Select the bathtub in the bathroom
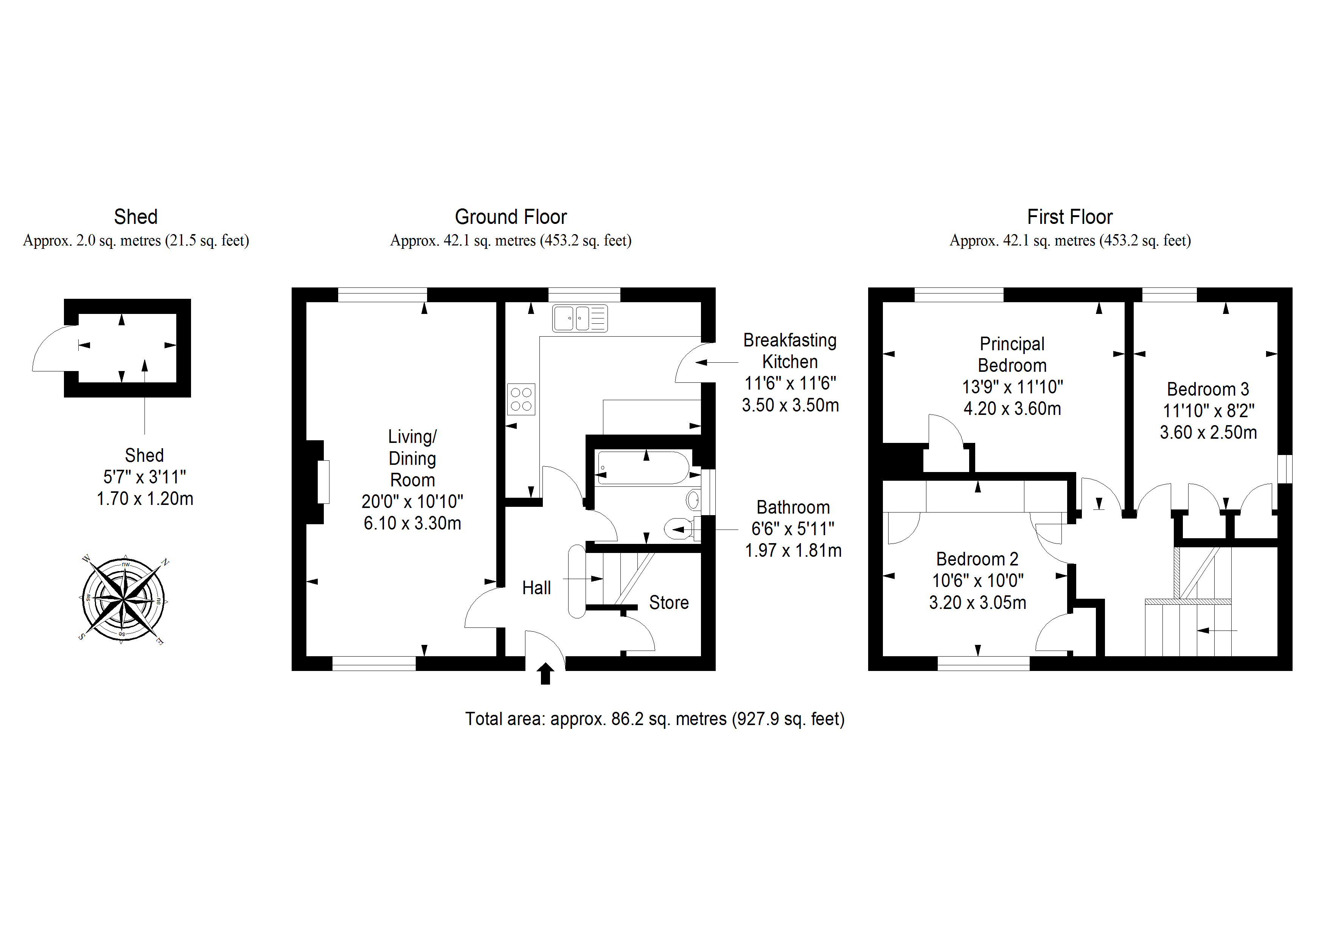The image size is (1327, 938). (643, 467)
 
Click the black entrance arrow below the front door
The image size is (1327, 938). (545, 673)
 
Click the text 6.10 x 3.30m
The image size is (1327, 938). (412, 523)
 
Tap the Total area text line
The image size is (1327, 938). (654, 719)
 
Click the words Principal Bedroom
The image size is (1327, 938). (1012, 354)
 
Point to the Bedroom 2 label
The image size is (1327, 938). (977, 559)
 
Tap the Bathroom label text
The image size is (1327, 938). (793, 508)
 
